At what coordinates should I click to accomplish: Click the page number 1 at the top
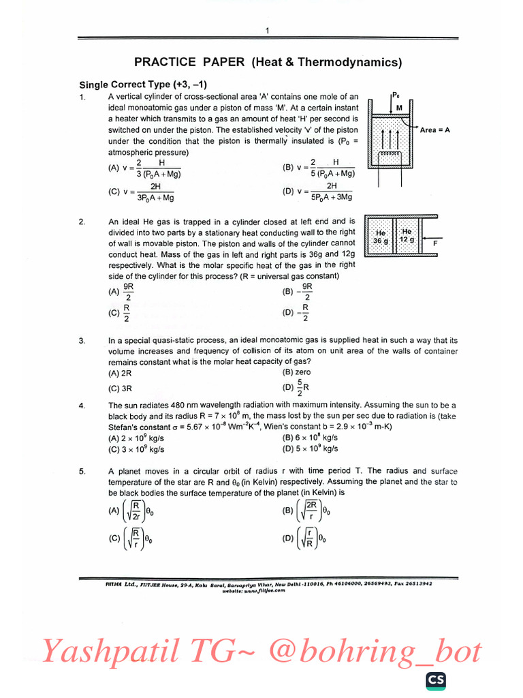(268, 31)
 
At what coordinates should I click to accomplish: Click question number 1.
(82, 97)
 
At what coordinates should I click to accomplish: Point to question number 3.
(82, 340)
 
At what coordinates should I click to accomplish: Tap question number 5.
(82, 471)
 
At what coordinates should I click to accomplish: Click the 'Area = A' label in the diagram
(435, 130)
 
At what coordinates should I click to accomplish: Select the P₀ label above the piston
(396, 95)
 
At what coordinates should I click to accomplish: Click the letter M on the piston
(400, 108)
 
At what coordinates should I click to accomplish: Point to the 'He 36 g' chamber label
(381, 237)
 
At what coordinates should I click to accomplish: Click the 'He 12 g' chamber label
(407, 236)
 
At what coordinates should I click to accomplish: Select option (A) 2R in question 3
(120, 374)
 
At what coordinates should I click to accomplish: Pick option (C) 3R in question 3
(120, 389)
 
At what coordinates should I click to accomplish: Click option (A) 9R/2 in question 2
(120, 292)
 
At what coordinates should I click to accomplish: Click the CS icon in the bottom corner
(436, 680)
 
